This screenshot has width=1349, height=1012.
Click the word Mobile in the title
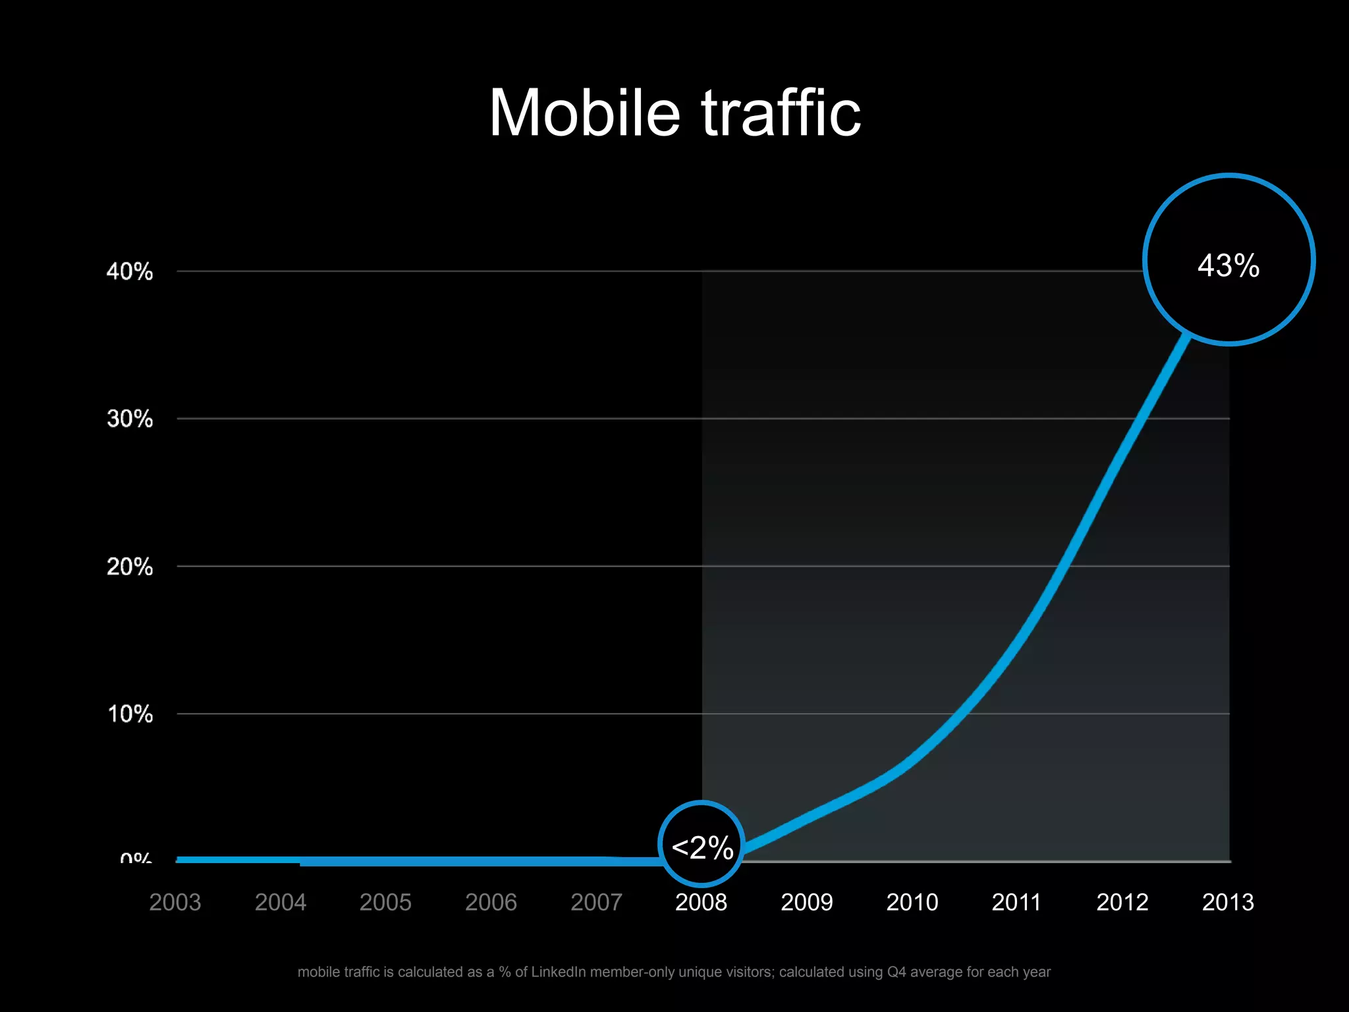[584, 113]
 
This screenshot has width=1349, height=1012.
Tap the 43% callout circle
[1228, 260]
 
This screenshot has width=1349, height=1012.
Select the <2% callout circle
[702, 845]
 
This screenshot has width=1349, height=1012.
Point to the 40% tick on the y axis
[130, 271]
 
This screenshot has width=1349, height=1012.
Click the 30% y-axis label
[130, 419]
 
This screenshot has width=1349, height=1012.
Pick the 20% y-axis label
[130, 567]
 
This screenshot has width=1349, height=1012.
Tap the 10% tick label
[130, 714]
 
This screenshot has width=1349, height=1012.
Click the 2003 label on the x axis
[175, 902]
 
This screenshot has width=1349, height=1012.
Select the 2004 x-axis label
[281, 902]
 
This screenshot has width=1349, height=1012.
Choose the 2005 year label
[385, 902]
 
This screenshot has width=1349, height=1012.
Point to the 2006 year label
[491, 902]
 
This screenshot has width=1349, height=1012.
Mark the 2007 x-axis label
[596, 902]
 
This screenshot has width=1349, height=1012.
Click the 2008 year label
[702, 902]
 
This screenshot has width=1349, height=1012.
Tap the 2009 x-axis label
[807, 902]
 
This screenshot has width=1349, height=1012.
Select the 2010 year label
[912, 902]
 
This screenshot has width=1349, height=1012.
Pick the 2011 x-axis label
[1016, 902]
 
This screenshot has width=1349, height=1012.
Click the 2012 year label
[1122, 902]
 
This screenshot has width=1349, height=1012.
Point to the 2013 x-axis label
[1228, 902]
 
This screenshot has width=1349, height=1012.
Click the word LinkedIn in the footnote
[558, 972]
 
